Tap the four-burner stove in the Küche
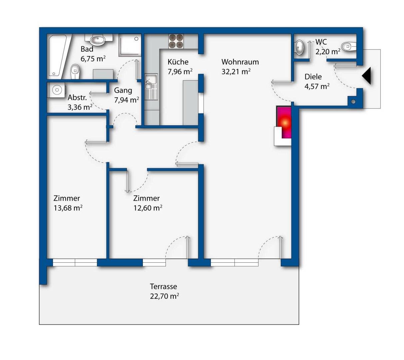click(176, 41)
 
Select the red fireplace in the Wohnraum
click(284, 122)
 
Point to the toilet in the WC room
click(349, 47)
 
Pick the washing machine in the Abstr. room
click(56, 90)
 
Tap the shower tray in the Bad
click(130, 45)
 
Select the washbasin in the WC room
click(299, 47)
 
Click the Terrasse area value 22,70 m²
click(164, 296)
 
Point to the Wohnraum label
click(240, 62)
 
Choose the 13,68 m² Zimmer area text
click(68, 208)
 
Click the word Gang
click(123, 91)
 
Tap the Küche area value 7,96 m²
click(180, 71)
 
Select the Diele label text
click(313, 77)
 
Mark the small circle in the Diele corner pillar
click(353, 102)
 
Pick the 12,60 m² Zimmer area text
click(148, 208)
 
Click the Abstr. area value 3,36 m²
click(80, 107)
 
